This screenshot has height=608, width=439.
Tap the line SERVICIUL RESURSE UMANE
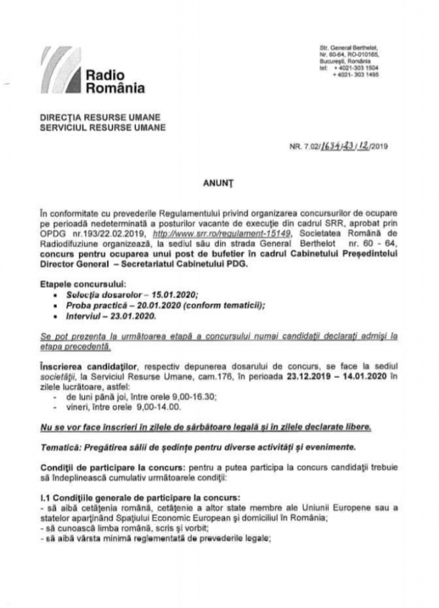(103, 127)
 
